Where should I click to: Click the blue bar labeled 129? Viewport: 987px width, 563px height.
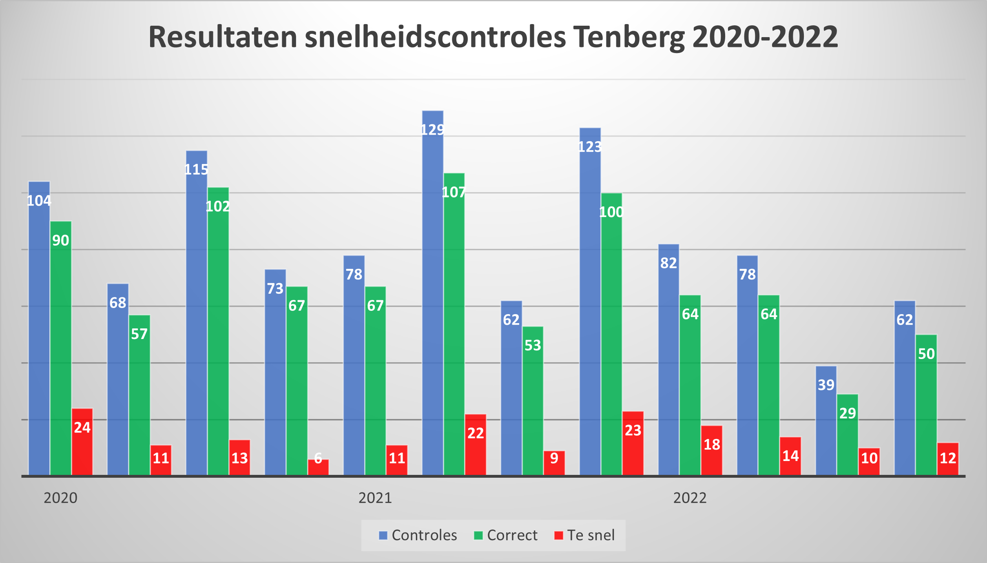tap(433, 294)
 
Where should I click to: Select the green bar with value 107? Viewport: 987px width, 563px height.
tap(454, 326)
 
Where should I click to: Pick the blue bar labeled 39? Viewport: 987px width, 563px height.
tap(826, 420)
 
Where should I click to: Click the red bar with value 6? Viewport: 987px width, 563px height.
tap(318, 467)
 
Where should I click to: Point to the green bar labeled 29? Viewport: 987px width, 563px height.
tap(848, 434)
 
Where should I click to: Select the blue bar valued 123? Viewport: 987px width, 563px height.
tap(590, 302)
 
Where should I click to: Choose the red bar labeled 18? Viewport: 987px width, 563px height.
tap(712, 450)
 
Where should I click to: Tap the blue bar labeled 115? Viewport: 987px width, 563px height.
tap(197, 314)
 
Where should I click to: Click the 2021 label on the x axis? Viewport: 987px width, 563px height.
tap(375, 498)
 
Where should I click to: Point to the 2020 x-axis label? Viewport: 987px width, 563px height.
tap(60, 498)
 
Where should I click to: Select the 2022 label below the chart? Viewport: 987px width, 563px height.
tap(690, 498)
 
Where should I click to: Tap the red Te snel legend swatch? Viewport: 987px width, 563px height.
tap(559, 535)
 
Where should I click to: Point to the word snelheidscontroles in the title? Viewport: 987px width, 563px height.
tap(435, 38)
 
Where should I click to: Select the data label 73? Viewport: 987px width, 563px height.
tap(275, 289)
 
